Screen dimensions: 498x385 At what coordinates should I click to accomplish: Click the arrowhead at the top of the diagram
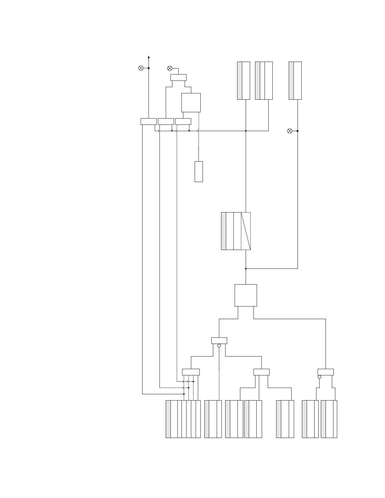pyautogui.click(x=149, y=57)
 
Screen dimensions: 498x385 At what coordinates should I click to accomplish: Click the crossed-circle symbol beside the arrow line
pyautogui.click(x=141, y=68)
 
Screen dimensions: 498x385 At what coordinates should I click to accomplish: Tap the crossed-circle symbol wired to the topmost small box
pyautogui.click(x=170, y=68)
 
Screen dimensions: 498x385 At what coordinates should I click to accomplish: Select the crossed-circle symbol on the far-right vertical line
pyautogui.click(x=290, y=131)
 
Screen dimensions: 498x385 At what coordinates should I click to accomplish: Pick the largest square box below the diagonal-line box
pyautogui.click(x=246, y=295)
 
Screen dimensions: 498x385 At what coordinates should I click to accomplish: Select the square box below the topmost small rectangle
pyautogui.click(x=191, y=102)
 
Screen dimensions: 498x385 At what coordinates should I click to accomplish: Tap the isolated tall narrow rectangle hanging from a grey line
pyautogui.click(x=198, y=171)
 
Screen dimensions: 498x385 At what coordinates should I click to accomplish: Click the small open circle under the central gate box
pyautogui.click(x=219, y=346)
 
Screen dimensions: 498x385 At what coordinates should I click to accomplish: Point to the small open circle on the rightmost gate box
pyautogui.click(x=319, y=377)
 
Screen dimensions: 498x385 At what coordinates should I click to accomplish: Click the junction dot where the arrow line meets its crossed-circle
pyautogui.click(x=149, y=68)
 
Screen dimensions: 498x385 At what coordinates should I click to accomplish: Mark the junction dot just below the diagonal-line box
pyautogui.click(x=246, y=269)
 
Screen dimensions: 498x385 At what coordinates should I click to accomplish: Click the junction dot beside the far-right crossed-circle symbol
pyautogui.click(x=298, y=131)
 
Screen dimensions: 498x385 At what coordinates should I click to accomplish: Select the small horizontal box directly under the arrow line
pyautogui.click(x=148, y=121)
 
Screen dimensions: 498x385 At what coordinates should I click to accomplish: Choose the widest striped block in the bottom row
pyautogui.click(x=183, y=419)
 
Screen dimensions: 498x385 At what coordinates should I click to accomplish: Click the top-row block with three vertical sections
pyautogui.click(x=264, y=80)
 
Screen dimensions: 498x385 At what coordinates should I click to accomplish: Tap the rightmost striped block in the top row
pyautogui.click(x=295, y=80)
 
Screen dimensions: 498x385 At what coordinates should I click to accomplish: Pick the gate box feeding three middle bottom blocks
pyautogui.click(x=261, y=372)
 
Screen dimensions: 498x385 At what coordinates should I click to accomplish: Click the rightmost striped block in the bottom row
pyautogui.click(x=329, y=419)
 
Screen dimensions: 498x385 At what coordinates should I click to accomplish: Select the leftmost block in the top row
pyautogui.click(x=243, y=80)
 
